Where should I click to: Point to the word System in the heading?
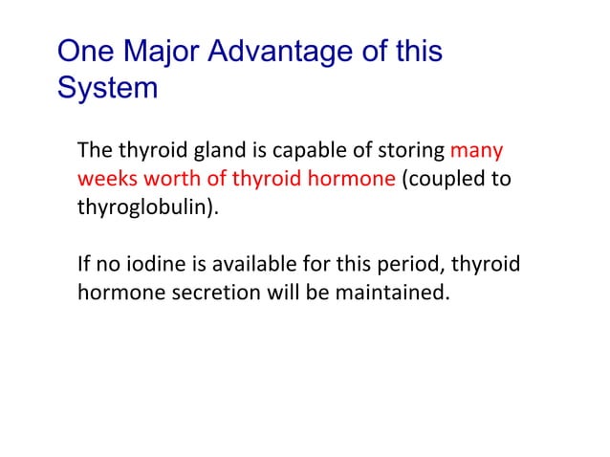pos(107,88)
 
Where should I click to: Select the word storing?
pos(413,151)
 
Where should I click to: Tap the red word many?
pos(476,151)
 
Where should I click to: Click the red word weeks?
pos(104,179)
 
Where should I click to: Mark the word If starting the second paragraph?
pos(84,263)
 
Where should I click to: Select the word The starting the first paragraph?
pos(94,151)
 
